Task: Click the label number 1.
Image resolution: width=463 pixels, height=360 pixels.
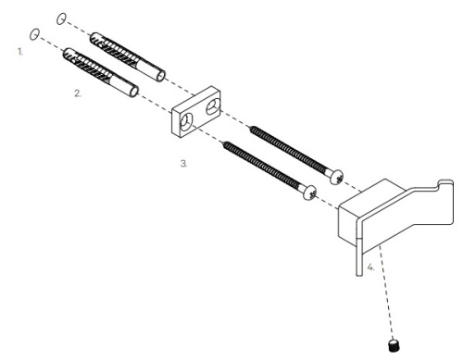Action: click(19, 53)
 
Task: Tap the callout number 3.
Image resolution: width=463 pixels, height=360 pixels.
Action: click(184, 162)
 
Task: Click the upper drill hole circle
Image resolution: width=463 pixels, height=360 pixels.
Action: click(62, 19)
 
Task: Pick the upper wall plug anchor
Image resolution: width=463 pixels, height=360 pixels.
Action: click(125, 56)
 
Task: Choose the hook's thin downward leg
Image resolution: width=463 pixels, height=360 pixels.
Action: click(357, 260)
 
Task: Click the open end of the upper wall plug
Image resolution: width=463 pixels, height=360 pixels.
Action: click(162, 75)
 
